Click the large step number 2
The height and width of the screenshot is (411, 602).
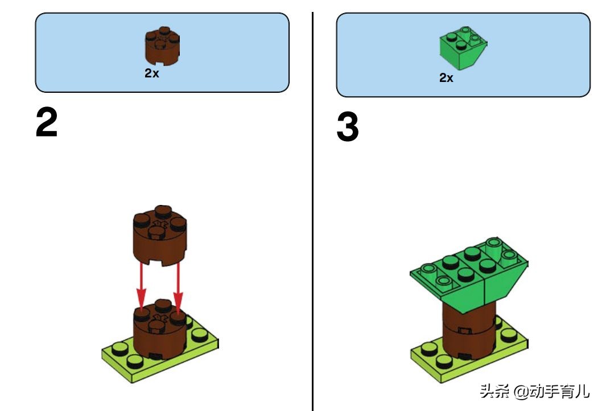[x=47, y=122]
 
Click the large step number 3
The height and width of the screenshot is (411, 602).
[x=348, y=127]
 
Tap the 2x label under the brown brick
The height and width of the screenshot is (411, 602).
[x=152, y=73]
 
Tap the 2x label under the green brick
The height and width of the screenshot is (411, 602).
[x=446, y=77]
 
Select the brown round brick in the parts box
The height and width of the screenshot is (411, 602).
[x=162, y=46]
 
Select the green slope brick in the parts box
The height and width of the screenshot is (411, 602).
[x=463, y=47]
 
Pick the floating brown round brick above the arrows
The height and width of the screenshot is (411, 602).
[x=160, y=236]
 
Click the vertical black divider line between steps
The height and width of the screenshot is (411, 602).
[x=313, y=211]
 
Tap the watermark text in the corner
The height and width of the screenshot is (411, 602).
[x=534, y=392]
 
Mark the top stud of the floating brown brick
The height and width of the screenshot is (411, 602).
[x=163, y=211]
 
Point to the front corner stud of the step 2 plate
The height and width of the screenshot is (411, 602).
[x=134, y=361]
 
